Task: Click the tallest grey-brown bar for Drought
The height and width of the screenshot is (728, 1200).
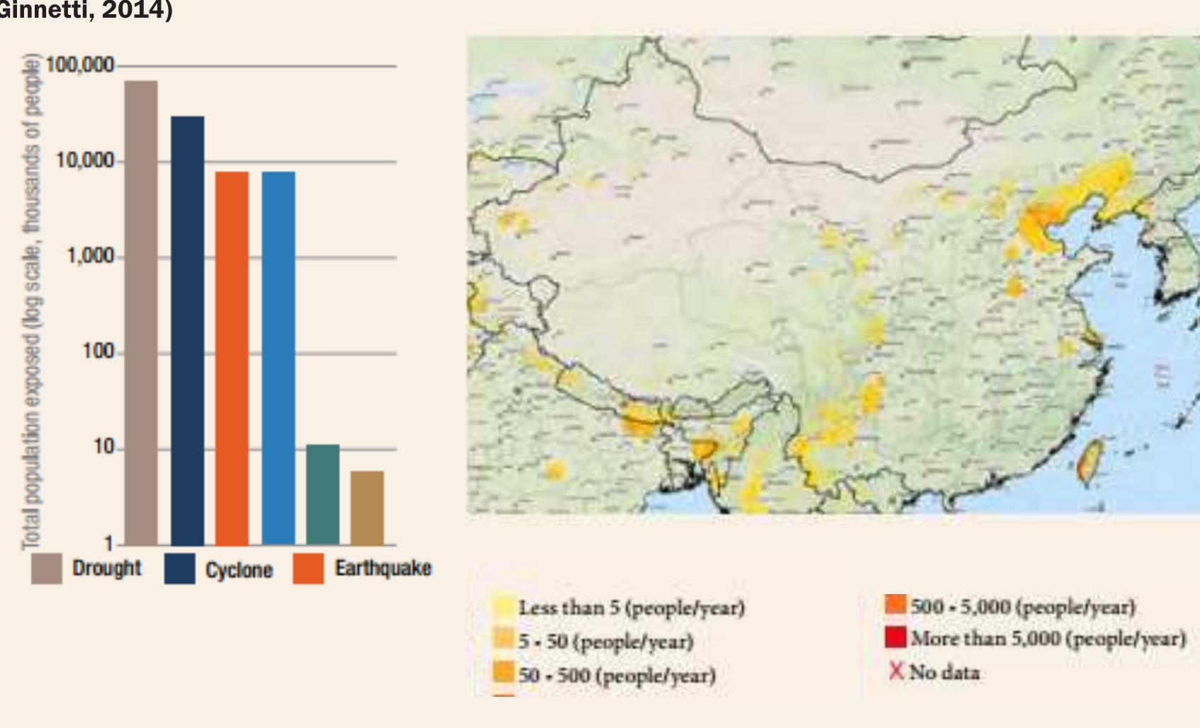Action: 141,312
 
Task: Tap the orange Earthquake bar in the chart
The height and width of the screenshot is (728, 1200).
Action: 232,358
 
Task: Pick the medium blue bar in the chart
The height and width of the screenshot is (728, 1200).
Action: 278,358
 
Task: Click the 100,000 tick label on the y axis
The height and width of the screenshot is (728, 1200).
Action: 79,65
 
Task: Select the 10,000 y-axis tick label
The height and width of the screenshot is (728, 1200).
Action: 85,161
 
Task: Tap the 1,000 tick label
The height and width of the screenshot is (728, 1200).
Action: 90,256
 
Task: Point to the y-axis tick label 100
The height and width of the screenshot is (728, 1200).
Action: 98,352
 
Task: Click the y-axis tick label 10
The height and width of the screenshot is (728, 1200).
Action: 103,447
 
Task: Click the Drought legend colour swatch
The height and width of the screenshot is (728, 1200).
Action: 47,569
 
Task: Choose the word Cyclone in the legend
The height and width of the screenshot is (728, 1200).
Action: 239,570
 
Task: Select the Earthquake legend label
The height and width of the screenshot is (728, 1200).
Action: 383,569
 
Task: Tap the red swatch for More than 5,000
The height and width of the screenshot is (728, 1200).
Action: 895,637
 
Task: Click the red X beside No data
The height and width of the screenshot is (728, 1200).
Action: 896,671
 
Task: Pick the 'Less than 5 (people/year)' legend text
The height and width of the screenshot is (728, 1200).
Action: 631,607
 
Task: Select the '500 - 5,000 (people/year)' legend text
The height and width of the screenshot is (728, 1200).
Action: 1023,607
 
